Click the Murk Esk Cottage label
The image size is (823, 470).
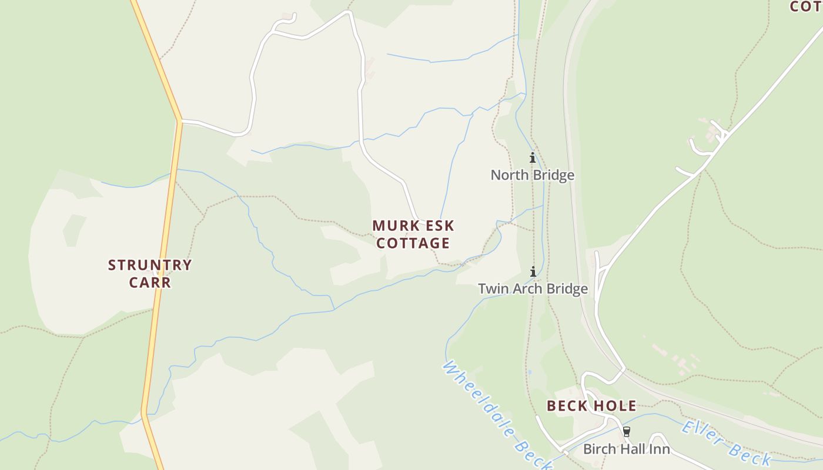click(413, 234)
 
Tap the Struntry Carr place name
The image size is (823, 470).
click(150, 273)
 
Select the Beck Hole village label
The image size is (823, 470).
click(591, 406)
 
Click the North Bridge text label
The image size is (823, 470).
click(532, 175)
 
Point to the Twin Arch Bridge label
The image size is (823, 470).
click(533, 289)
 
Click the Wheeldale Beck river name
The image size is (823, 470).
click(497, 414)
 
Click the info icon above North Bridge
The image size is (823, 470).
click(533, 157)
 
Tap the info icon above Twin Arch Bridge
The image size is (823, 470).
click(533, 271)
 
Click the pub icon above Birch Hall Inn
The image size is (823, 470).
click(627, 432)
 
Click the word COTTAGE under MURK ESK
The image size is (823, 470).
click(413, 243)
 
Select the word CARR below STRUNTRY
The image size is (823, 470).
click(150, 283)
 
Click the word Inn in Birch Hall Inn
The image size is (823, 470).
click(659, 449)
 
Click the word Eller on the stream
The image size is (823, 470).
click(702, 433)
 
